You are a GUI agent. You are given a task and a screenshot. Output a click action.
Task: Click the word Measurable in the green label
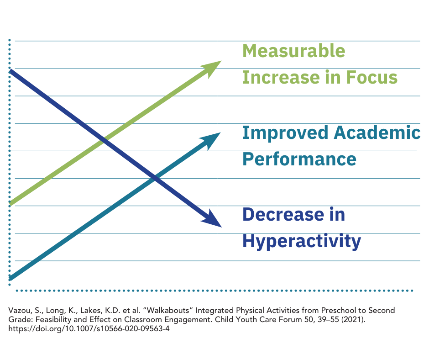click(293, 51)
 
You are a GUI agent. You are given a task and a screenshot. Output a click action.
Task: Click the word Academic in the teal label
click(377, 133)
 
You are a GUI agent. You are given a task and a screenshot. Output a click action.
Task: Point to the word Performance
click(299, 159)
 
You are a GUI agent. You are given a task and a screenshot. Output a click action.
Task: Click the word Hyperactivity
click(302, 240)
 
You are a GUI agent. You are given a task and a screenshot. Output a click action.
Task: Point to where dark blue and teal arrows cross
click(155, 178)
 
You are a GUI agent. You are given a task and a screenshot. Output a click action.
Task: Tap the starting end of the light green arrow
click(11, 204)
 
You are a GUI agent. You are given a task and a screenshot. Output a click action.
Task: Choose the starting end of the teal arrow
click(11, 277)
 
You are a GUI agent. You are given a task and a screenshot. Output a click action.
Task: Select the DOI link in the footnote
click(89, 328)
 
